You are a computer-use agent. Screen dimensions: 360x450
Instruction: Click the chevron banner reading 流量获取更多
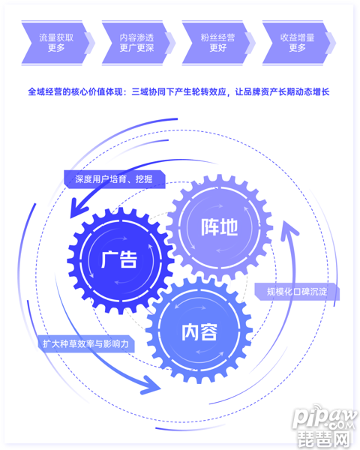pos(55,43)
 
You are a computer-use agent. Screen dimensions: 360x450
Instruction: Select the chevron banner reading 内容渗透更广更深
pos(136,43)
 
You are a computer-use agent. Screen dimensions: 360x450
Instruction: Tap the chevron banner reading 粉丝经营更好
pos(216,43)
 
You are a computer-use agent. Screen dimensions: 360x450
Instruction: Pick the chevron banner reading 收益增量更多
pos(296,43)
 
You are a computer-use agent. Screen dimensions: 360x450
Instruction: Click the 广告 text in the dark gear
pos(119,259)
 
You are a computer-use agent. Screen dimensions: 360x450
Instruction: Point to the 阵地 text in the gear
pos(220,227)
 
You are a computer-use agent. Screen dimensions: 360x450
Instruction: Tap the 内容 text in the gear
pos(199,332)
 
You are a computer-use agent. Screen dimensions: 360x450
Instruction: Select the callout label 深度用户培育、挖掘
pos(114,179)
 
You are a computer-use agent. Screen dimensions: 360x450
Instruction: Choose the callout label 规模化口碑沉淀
pos(297,292)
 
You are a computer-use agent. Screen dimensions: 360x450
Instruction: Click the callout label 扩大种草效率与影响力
pos(86,343)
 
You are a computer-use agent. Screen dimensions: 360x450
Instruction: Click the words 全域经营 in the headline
pos(45,92)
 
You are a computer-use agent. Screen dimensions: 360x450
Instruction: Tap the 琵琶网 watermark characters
pos(325,438)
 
